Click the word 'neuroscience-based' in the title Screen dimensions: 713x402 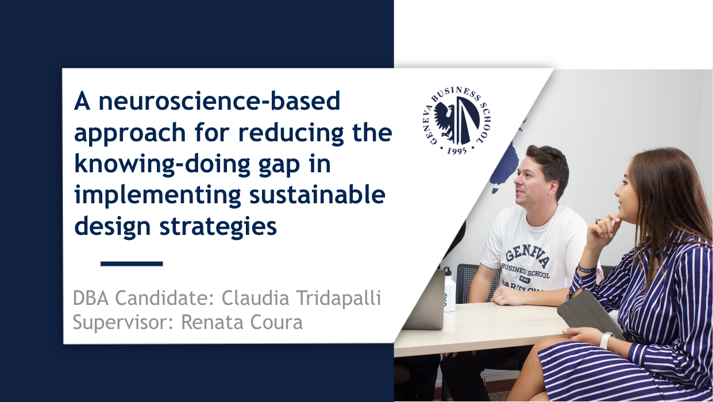(219, 101)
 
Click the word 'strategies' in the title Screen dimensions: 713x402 (218, 227)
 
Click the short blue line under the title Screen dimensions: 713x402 (132, 263)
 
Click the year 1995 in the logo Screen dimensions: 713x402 (457, 151)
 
